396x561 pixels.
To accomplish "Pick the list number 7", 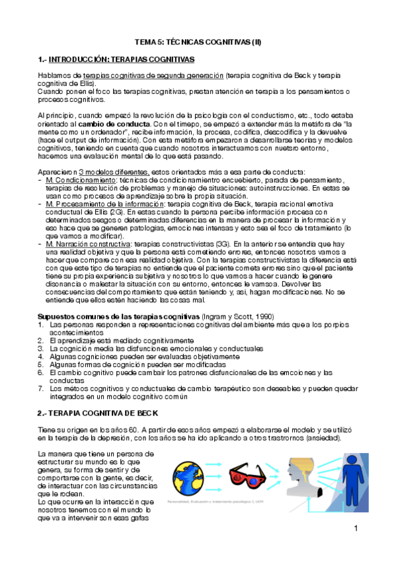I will [x=40, y=389].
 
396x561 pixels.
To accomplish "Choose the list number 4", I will [x=40, y=357].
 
